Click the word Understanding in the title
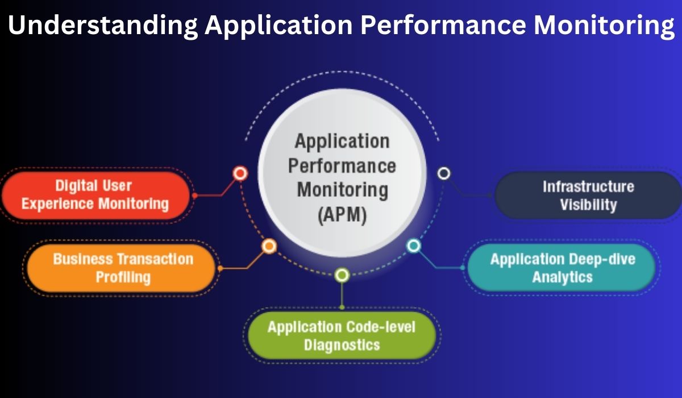coord(103,26)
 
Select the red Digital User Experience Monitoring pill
coord(95,194)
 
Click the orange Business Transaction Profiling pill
coord(122,268)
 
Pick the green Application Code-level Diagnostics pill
coord(341,335)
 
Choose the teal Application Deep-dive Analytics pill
coord(562,268)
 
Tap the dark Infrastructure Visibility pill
coord(588,195)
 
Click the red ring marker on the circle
coord(240,173)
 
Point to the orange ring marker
coord(269,246)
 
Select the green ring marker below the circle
coord(342,276)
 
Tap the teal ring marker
coord(414,246)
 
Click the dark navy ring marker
coord(444,173)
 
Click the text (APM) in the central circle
coord(342,215)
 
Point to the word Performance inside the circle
coord(342,165)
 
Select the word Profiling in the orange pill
coord(123,277)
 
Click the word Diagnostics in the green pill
coord(342,345)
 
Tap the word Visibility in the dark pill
coord(588,205)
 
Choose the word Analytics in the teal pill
coord(562,277)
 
